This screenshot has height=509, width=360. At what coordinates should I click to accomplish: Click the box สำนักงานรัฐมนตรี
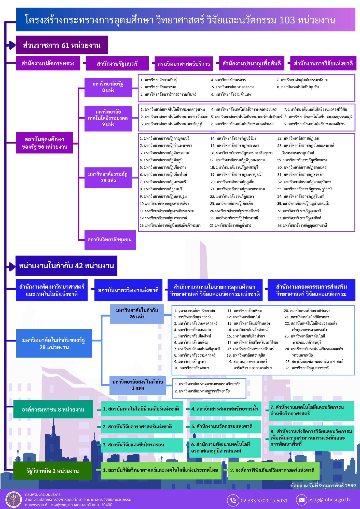point(117,63)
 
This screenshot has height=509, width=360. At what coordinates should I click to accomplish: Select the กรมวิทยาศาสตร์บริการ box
point(184,64)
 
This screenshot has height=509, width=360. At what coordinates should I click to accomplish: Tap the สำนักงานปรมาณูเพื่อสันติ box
point(252,63)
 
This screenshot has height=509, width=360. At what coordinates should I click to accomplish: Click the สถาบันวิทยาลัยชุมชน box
point(110,240)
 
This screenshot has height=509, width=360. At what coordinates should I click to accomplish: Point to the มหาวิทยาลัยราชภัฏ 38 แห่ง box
point(108,177)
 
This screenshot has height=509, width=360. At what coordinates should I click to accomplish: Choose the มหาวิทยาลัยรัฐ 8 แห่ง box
point(108,87)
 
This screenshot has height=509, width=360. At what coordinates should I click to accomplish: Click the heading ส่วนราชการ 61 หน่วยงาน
point(62,45)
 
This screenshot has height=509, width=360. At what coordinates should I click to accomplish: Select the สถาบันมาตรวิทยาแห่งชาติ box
point(128,290)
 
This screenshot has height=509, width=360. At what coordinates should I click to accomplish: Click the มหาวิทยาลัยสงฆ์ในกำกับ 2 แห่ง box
point(138,385)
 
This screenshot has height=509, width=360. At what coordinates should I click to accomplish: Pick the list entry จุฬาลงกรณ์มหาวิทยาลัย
point(195,311)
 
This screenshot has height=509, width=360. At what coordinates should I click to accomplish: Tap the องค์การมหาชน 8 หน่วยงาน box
point(53,409)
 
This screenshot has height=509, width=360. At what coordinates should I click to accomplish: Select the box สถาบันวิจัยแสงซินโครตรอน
point(142,445)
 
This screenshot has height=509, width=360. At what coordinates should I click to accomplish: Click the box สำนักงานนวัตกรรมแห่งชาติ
point(225,427)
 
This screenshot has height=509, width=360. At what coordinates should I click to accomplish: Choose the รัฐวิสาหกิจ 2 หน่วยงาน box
point(52,471)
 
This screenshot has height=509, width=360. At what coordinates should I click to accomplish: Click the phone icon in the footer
point(233,500)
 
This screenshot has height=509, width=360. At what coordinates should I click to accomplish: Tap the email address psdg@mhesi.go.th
point(329,500)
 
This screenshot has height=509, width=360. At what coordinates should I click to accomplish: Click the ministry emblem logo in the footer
point(14,500)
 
